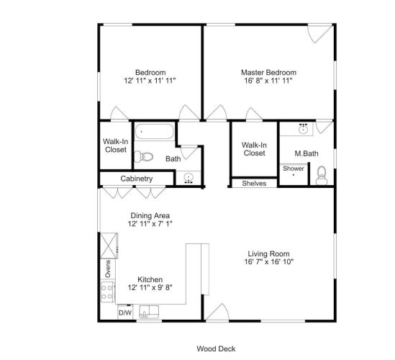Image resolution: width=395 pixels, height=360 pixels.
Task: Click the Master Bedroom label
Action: coord(268,73)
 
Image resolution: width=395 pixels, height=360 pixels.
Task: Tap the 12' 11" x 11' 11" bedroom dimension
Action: coord(150,81)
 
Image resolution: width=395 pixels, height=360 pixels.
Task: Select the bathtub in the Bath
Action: coord(155,131)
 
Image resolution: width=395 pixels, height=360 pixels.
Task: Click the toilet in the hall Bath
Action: coord(144,157)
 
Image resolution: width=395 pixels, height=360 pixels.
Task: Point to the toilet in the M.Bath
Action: coord(322,176)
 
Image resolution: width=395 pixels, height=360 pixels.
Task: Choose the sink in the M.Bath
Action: coord(304,130)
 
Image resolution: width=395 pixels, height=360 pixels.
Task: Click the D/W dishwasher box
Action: coord(125,313)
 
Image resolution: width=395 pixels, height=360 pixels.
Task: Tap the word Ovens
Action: coord(108,269)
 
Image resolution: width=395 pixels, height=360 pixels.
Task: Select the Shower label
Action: coord(294,168)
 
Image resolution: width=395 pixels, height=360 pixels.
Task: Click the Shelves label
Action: coord(254,184)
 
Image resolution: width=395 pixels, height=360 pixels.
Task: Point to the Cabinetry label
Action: coord(137,179)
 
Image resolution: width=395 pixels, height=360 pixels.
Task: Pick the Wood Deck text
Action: coord(216,349)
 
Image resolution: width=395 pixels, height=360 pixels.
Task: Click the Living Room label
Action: coord(269,253)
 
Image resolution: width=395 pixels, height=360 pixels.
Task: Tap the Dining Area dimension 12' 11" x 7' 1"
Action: coord(150,224)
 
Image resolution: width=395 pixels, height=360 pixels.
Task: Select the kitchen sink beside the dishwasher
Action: coord(149,312)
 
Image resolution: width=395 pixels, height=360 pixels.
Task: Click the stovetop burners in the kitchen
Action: coord(108,292)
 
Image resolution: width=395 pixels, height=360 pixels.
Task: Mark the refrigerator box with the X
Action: coord(109,246)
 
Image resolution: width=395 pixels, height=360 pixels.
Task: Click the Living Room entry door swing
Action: coord(218,312)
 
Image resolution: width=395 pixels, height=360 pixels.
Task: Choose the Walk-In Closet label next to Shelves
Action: coord(255,149)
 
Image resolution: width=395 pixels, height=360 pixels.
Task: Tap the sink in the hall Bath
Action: coord(189,178)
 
